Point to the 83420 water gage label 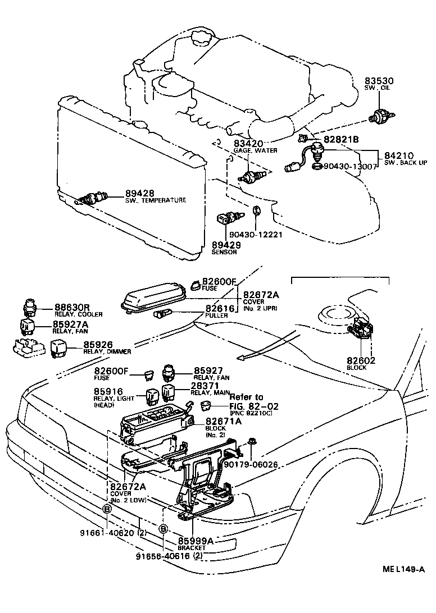click(249, 144)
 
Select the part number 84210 click(399, 155)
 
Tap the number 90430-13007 click(351, 167)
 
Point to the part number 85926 click(99, 345)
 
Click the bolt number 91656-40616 click(163, 556)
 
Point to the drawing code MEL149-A click(403, 570)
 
